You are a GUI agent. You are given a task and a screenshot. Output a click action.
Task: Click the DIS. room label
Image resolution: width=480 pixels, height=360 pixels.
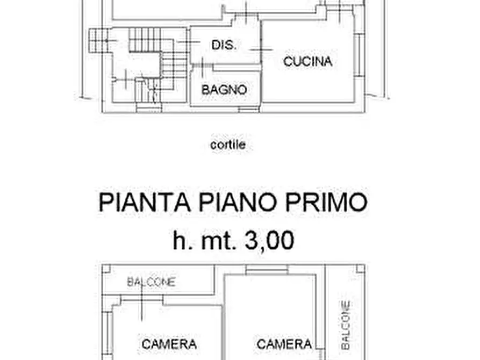(224, 45)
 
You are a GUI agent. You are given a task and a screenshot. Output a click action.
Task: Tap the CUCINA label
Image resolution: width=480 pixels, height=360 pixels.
(307, 61)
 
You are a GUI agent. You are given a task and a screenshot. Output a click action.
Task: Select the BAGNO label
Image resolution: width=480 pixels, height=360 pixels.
(224, 90)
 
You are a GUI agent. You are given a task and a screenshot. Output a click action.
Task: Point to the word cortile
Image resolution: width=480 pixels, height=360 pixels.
(228, 145)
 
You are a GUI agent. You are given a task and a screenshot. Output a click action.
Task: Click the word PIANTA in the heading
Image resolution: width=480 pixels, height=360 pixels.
(144, 203)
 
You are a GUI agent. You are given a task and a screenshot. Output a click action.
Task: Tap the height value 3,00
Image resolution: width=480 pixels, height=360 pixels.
(269, 240)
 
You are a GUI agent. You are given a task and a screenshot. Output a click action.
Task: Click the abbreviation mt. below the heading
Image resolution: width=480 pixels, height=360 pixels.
(217, 240)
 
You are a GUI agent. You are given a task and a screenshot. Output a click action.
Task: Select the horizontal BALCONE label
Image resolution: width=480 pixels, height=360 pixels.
(151, 282)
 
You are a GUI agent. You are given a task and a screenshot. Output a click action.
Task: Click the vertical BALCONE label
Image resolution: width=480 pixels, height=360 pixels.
(346, 325)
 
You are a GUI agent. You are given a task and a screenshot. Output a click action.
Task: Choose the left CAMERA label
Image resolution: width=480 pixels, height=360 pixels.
(169, 344)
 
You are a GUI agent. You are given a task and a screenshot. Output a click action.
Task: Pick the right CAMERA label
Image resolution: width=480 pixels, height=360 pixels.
(284, 344)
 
